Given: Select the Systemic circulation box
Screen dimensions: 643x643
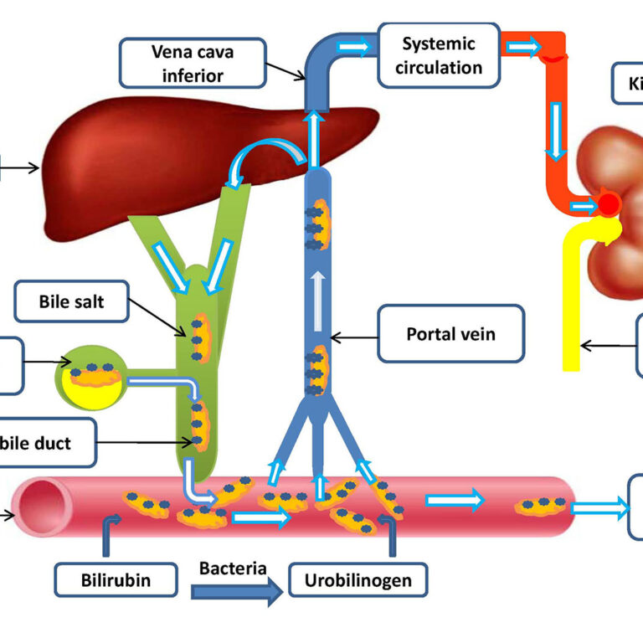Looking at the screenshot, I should [438, 55].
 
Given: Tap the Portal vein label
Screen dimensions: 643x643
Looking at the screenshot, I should [450, 335].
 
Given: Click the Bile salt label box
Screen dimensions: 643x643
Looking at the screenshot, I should [72, 302].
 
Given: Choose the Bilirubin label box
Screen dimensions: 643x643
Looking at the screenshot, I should [116, 579].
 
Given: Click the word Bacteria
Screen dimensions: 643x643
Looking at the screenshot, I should [233, 568].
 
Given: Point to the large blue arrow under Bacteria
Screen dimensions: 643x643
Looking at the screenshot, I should [236, 593].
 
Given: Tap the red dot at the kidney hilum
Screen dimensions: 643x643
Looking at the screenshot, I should [609, 203].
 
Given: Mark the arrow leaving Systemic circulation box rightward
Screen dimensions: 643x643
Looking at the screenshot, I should [523, 46].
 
